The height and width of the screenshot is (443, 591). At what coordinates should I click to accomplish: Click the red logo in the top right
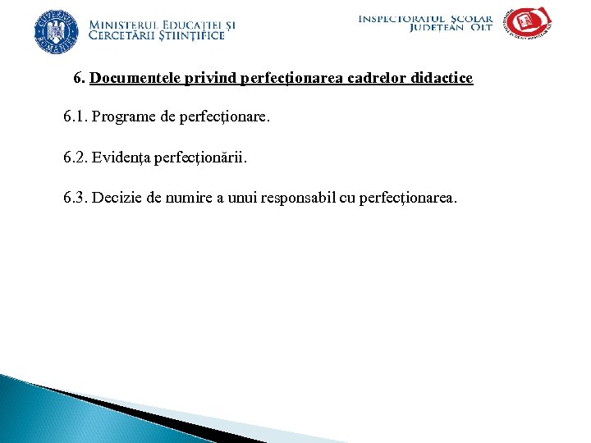(x=528, y=23)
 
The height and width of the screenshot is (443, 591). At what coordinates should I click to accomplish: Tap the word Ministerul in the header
(x=126, y=25)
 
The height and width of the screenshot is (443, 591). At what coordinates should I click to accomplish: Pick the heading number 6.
(x=78, y=79)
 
